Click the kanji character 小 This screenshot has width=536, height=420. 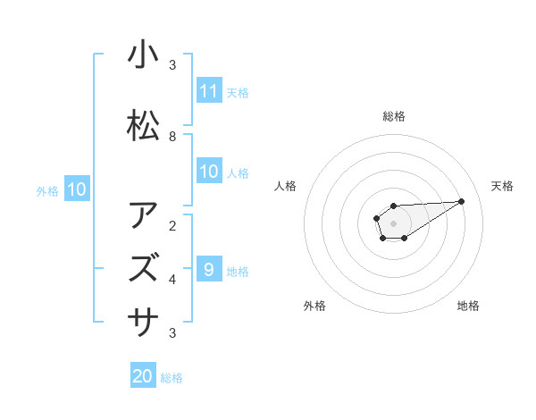[143, 55]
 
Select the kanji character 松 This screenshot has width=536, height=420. [143, 127]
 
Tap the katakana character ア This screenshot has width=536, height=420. [143, 216]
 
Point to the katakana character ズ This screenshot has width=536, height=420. [143, 266]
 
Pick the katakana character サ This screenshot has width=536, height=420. [143, 317]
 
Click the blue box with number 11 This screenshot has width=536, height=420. [209, 91]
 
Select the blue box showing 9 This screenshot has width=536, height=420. [209, 269]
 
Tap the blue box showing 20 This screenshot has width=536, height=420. [143, 376]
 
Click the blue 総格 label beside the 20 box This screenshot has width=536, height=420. [172, 378]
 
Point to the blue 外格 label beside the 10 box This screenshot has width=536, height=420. [47, 190]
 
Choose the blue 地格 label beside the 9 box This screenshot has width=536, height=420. [238, 271]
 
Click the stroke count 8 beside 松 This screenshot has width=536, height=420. [172, 137]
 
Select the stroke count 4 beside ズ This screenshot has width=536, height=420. [172, 280]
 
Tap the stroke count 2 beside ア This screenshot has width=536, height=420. [172, 225]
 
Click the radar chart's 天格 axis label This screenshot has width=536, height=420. [502, 186]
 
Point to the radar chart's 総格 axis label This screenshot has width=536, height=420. [393, 116]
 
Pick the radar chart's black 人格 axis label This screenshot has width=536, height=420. [286, 186]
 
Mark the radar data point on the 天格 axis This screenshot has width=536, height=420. [462, 201]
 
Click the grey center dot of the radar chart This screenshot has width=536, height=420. [393, 223]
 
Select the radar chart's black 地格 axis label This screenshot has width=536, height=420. [468, 306]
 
